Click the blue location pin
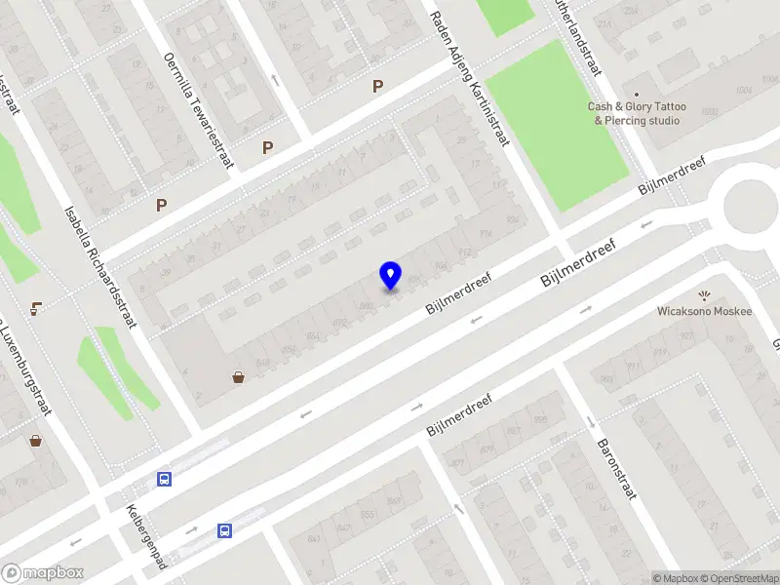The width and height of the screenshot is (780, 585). tap(390, 276)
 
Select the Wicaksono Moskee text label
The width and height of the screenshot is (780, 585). tap(704, 311)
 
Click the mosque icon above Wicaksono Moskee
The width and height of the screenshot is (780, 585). tap(704, 294)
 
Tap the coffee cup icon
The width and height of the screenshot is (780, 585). tap(35, 308)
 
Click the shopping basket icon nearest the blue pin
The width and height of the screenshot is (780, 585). tap(238, 377)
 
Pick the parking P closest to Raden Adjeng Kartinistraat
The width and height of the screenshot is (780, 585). tap(377, 87)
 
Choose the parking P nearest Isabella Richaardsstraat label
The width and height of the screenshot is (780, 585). tap(162, 206)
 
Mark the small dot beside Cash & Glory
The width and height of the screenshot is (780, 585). tap(637, 95)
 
